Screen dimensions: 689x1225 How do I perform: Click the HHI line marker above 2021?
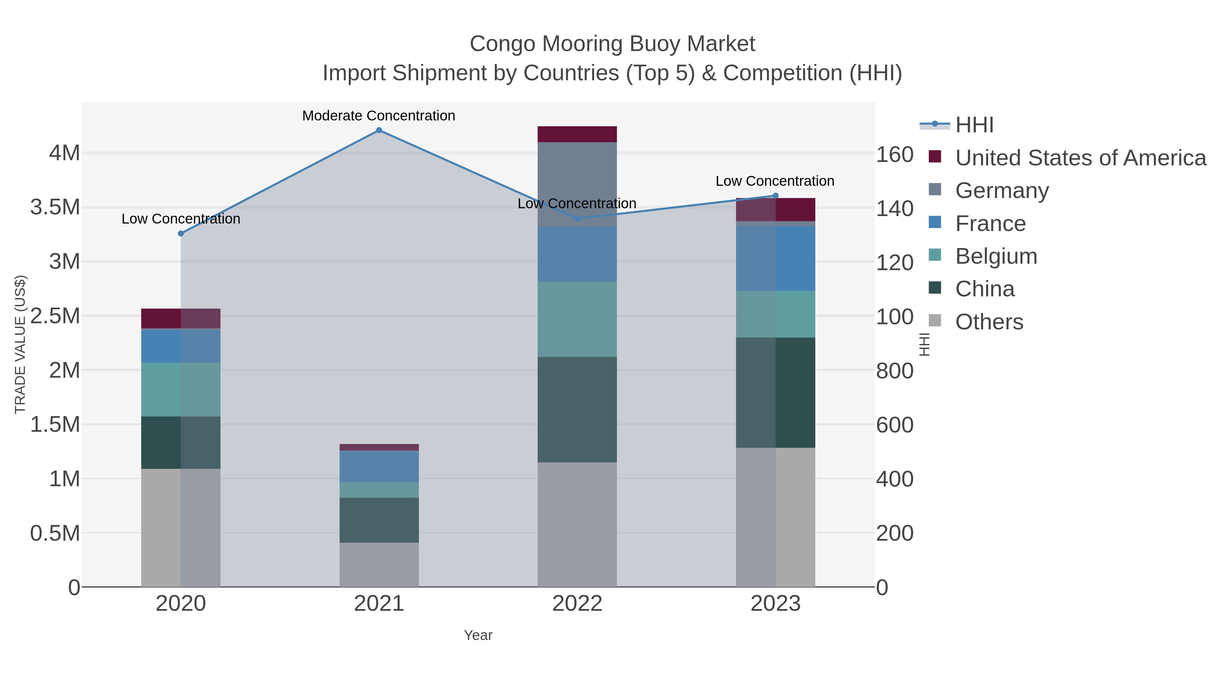tap(379, 130)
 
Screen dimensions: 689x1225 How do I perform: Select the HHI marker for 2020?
tap(181, 233)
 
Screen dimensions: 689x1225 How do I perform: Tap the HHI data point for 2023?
tap(775, 195)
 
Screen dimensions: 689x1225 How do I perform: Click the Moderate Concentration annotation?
tap(378, 116)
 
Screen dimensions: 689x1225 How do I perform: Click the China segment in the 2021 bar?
tap(379, 520)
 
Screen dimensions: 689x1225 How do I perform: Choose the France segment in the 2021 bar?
tap(379, 466)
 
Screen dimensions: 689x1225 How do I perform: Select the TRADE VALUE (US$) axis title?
tap(20, 344)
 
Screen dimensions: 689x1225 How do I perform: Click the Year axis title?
tap(478, 635)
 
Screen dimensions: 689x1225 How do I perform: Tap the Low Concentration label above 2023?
tap(775, 181)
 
